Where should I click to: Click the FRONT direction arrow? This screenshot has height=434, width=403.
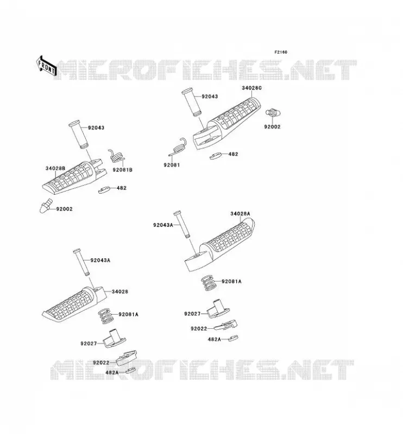(47, 66)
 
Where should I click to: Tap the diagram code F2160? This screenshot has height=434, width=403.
(281, 52)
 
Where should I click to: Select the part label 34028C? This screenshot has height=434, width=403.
(251, 88)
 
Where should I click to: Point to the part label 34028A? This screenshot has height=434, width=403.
(240, 214)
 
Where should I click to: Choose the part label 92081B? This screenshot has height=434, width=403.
(123, 170)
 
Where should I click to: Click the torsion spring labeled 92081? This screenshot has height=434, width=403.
(178, 147)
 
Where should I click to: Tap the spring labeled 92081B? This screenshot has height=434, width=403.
(116, 156)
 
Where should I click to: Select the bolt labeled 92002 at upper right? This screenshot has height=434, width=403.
(273, 113)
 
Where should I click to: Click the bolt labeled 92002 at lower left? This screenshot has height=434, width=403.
(45, 206)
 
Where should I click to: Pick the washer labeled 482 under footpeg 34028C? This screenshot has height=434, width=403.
(216, 156)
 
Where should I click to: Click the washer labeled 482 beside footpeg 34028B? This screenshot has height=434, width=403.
(104, 190)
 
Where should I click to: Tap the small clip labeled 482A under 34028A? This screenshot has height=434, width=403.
(234, 338)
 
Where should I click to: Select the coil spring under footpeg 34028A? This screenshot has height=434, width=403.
(209, 283)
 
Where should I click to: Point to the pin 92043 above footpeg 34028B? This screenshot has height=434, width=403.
(78, 135)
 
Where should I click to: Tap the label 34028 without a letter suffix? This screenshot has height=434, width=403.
(119, 292)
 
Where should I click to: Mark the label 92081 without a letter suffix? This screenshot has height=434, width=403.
(172, 165)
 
